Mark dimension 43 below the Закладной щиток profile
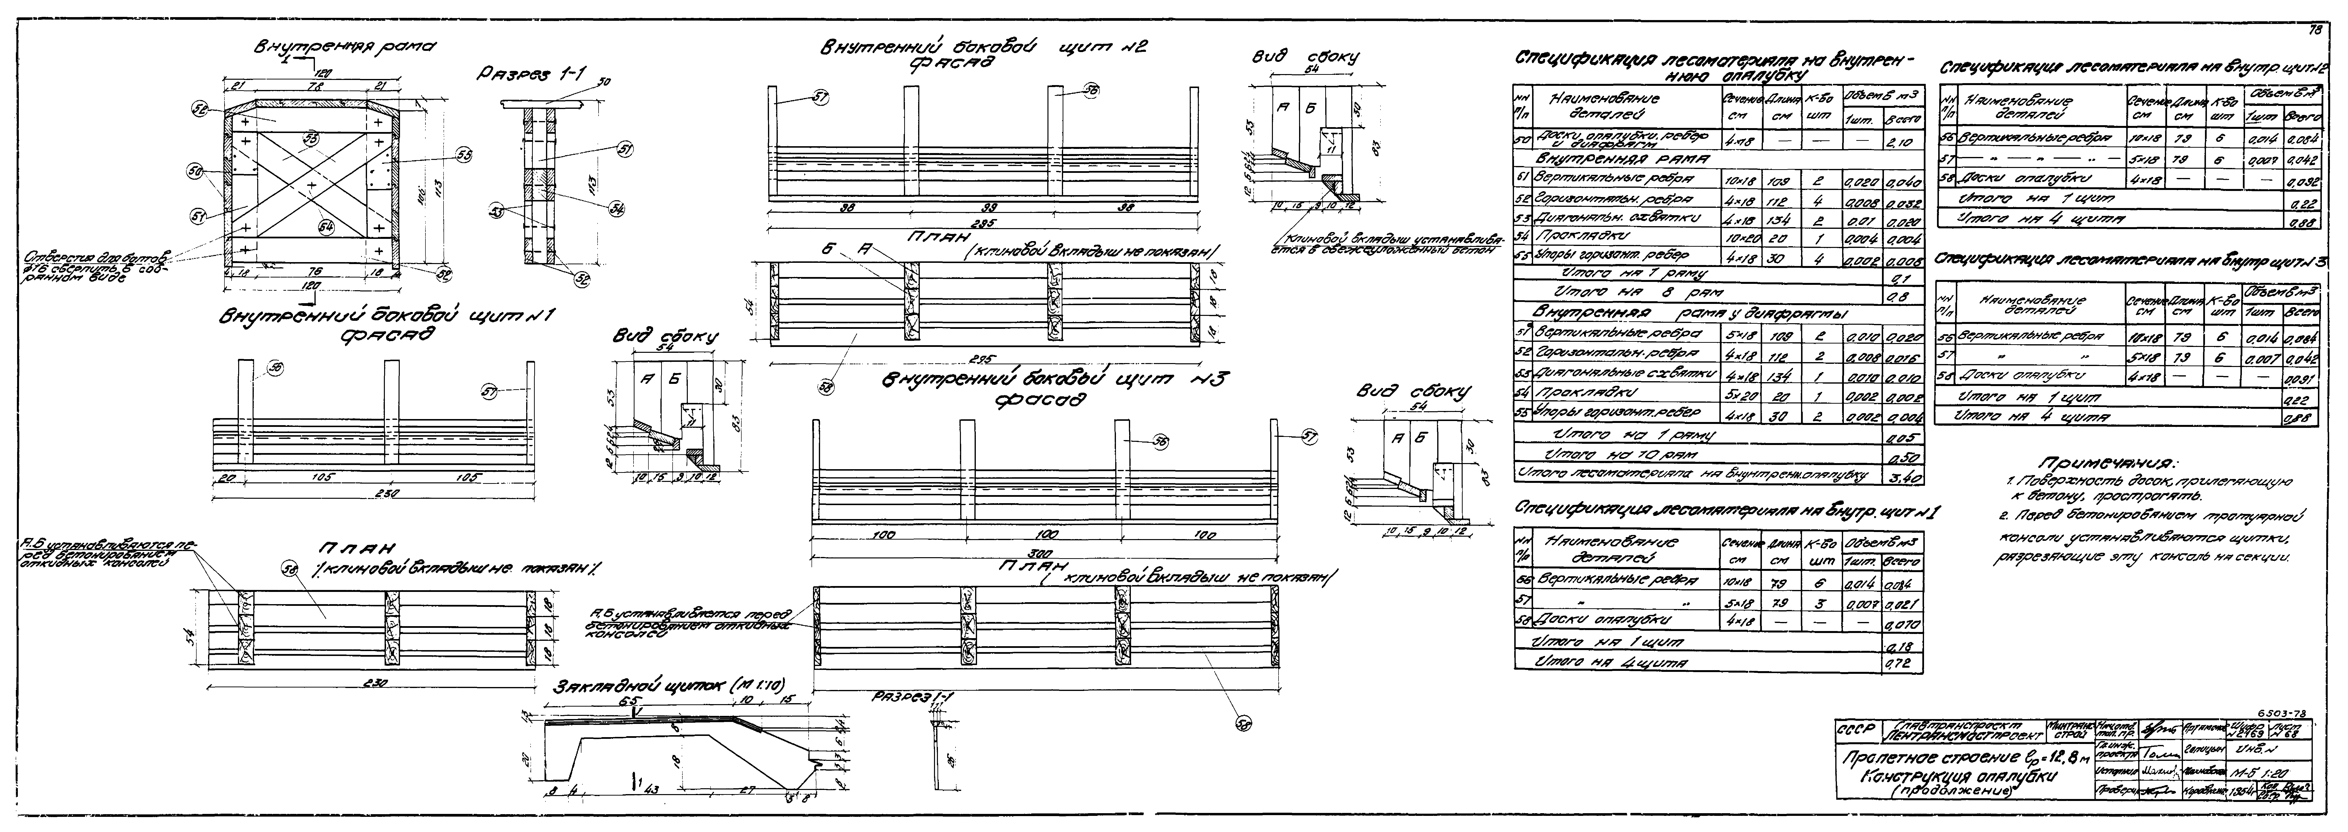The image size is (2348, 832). click(651, 791)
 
